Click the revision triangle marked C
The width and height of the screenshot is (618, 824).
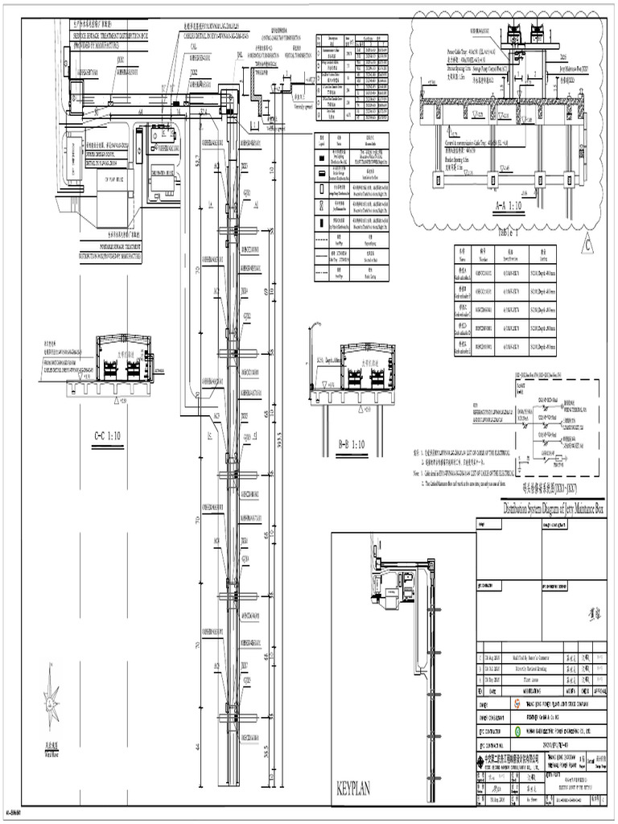(587, 245)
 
